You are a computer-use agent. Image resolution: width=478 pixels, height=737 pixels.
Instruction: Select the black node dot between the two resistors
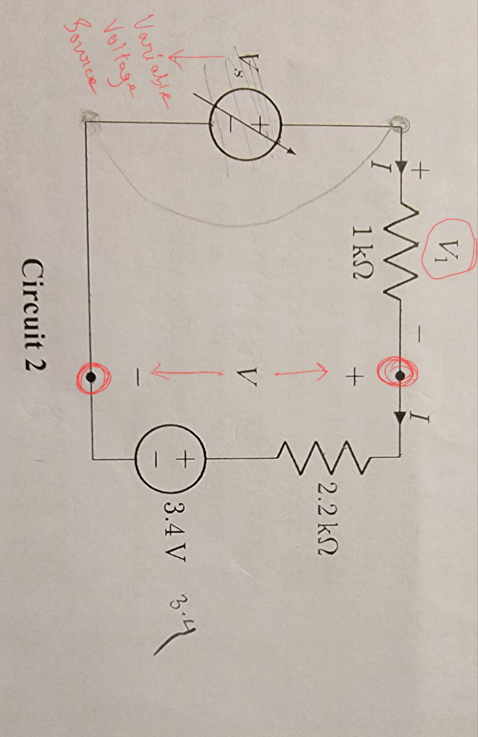[398, 377]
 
